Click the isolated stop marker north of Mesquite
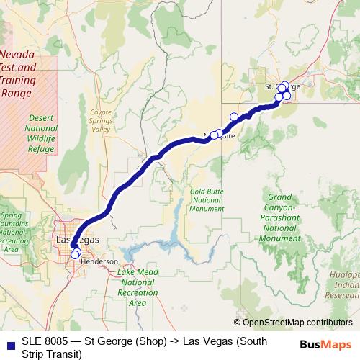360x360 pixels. click(233, 117)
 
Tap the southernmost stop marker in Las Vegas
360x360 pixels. click(76, 254)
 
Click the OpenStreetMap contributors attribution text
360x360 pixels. click(297, 323)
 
